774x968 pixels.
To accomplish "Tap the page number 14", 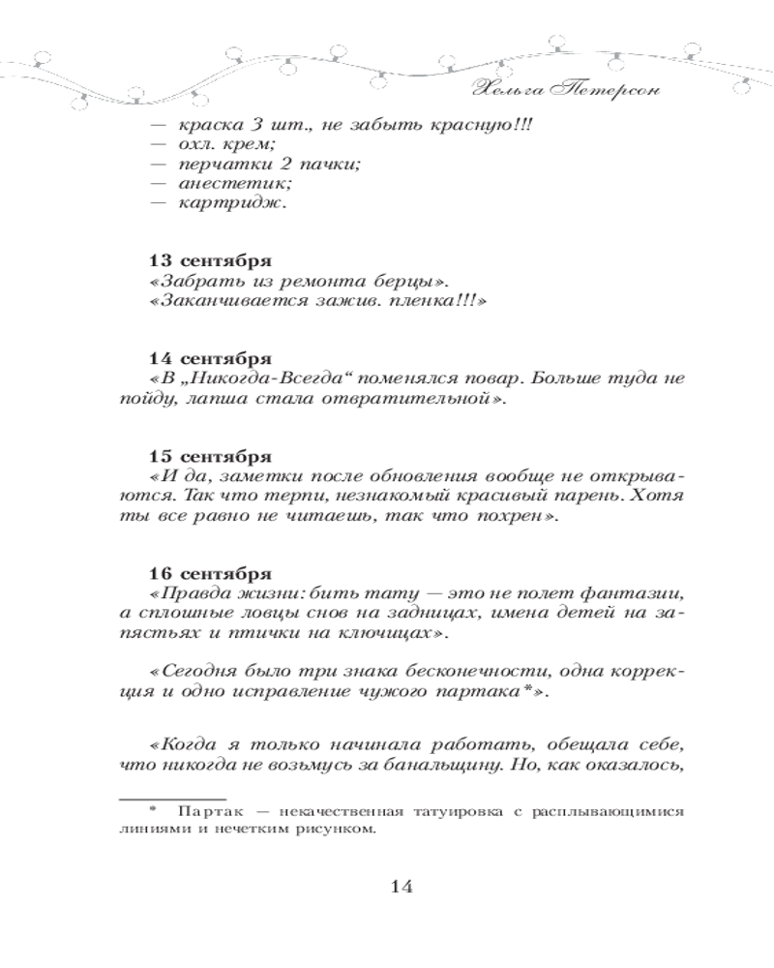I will (x=400, y=886).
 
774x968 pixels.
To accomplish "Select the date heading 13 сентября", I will (x=210, y=261).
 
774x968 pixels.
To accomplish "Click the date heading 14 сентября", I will (x=210, y=357).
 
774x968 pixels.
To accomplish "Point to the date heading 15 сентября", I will (x=210, y=455).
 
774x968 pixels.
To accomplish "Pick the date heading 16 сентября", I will (x=210, y=571).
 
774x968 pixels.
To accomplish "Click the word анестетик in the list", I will (x=221, y=182).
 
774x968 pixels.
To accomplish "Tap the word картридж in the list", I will (x=226, y=202).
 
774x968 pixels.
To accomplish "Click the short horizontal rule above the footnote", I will (x=151, y=800).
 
